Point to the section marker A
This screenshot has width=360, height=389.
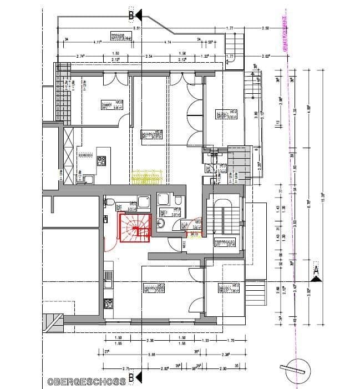click(x=316, y=270)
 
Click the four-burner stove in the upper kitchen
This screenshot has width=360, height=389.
click(x=102, y=161)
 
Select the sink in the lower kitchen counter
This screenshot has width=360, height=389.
click(x=108, y=284)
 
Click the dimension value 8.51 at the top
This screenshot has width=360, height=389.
click(x=136, y=27)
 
